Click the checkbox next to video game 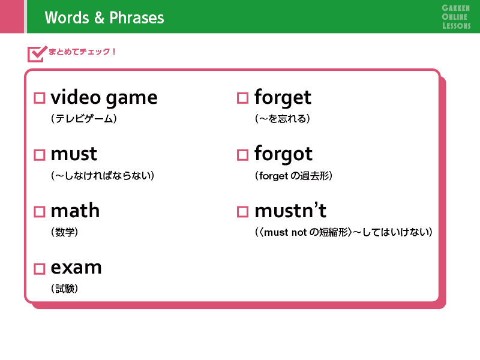pos(40,98)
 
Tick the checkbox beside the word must pos(40,155)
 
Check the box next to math pos(40,212)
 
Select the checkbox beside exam pos(40,269)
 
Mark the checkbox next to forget pos(243,98)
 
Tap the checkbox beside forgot pos(243,155)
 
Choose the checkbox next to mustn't pos(243,212)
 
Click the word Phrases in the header pos(137,18)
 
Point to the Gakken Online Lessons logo pos(456,17)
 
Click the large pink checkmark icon pos(37,54)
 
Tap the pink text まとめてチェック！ pos(82,52)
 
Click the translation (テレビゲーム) pos(84,118)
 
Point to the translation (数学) pos(64,232)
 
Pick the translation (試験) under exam pos(64,289)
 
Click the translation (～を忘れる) pos(282,118)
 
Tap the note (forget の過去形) pos(293,176)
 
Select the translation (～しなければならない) pos(103,175)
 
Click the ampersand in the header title pos(99,18)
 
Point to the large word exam pos(76,268)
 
